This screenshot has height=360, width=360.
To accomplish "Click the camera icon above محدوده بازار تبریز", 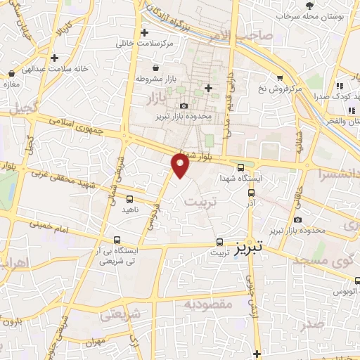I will point(184,105).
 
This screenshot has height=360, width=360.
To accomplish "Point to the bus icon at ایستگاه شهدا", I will point(241,167).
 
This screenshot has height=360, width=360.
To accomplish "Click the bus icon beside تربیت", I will point(219,242).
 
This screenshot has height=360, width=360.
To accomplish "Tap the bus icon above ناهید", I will point(131,199).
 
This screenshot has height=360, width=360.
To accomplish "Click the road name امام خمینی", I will point(53,227).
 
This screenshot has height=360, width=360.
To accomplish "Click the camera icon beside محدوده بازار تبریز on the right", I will point(298,220).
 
